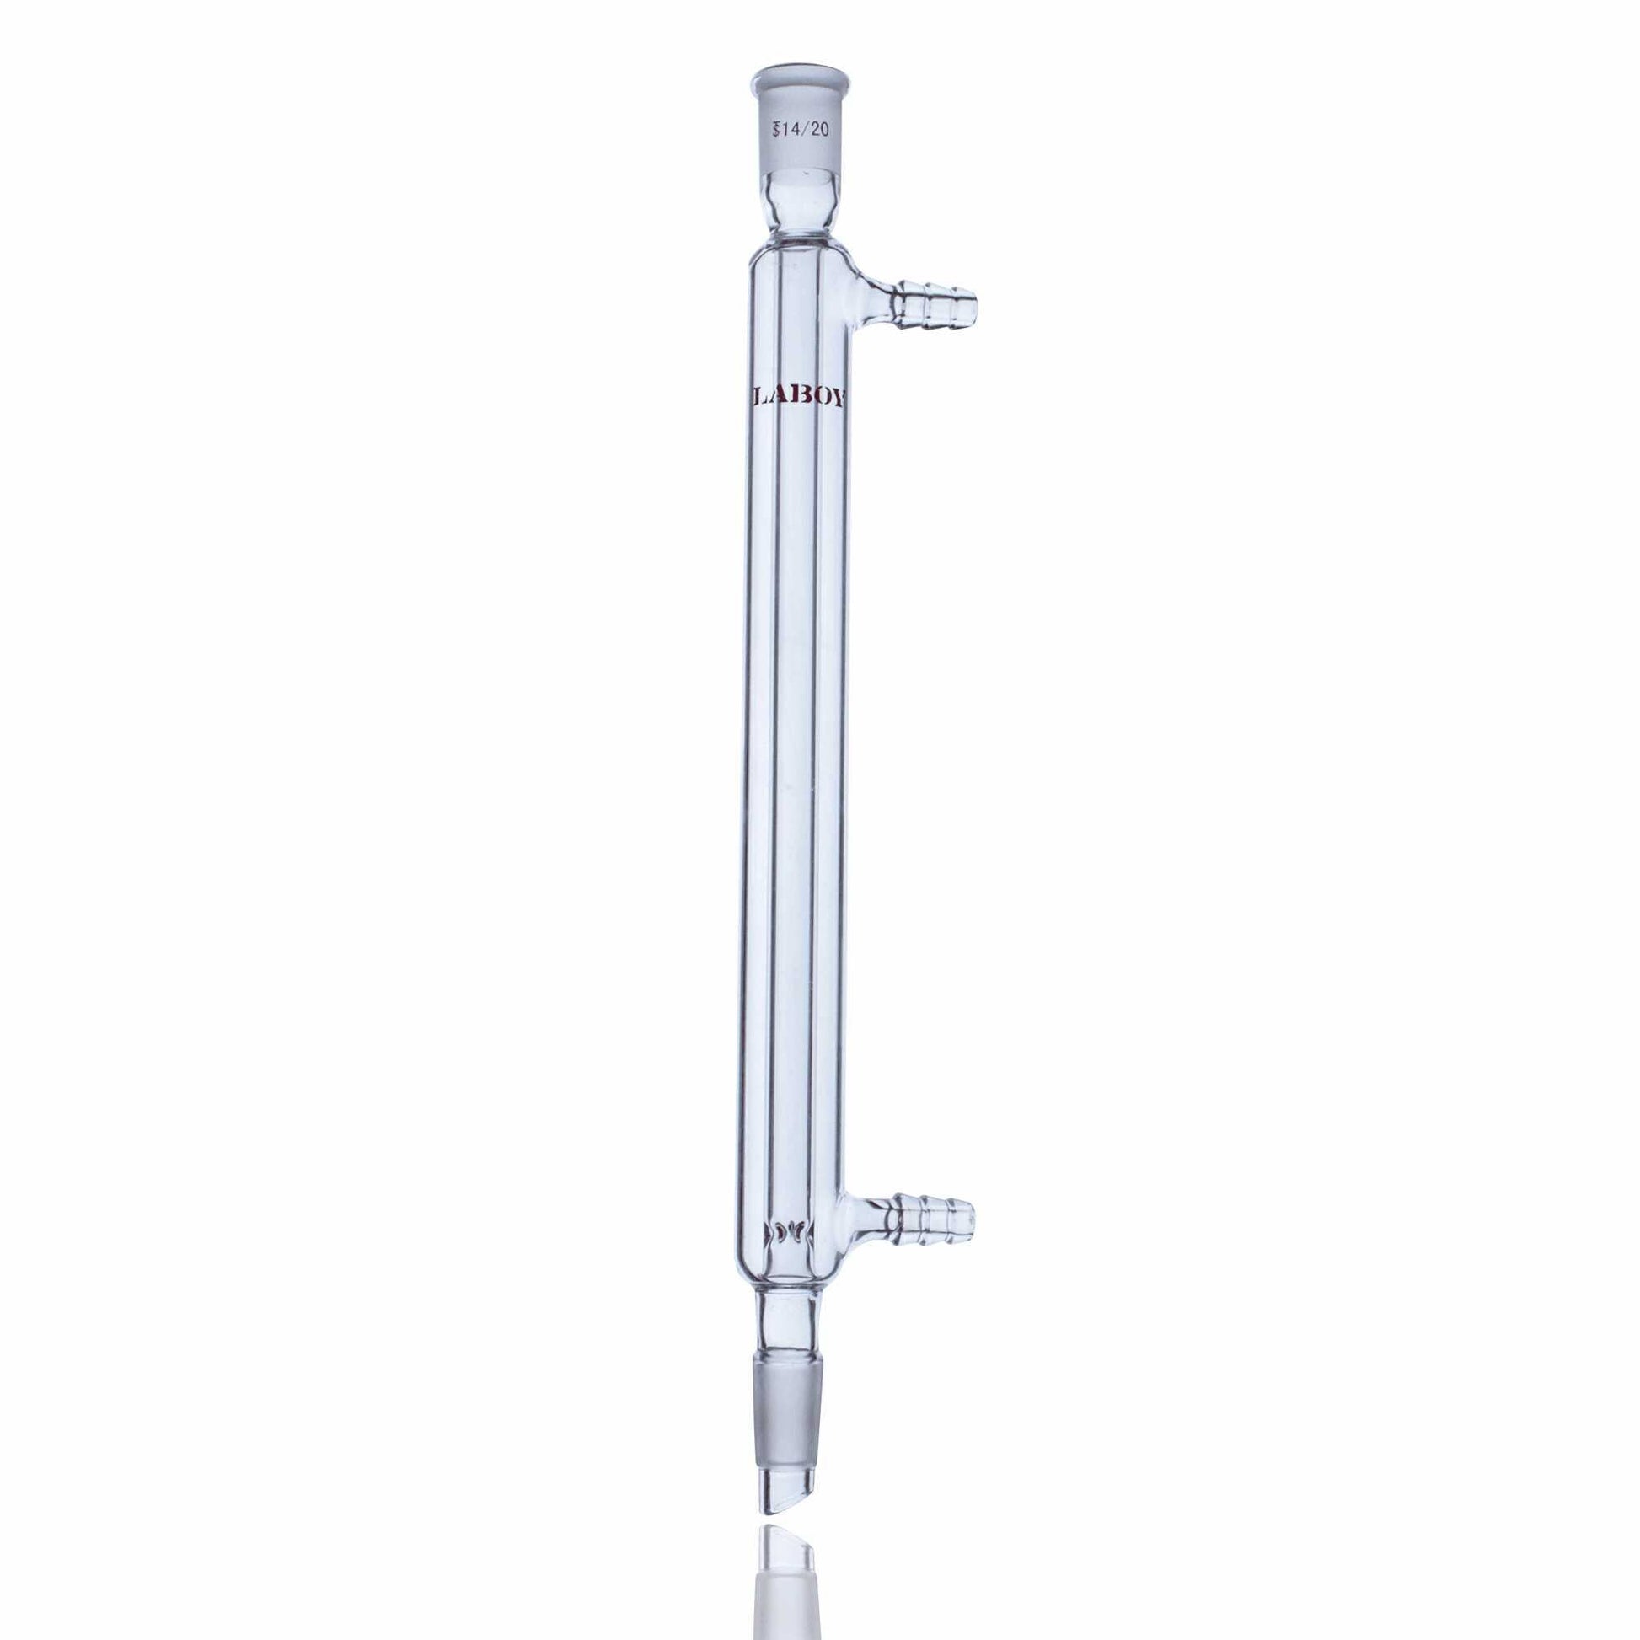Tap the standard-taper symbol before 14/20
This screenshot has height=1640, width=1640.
point(775,130)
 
